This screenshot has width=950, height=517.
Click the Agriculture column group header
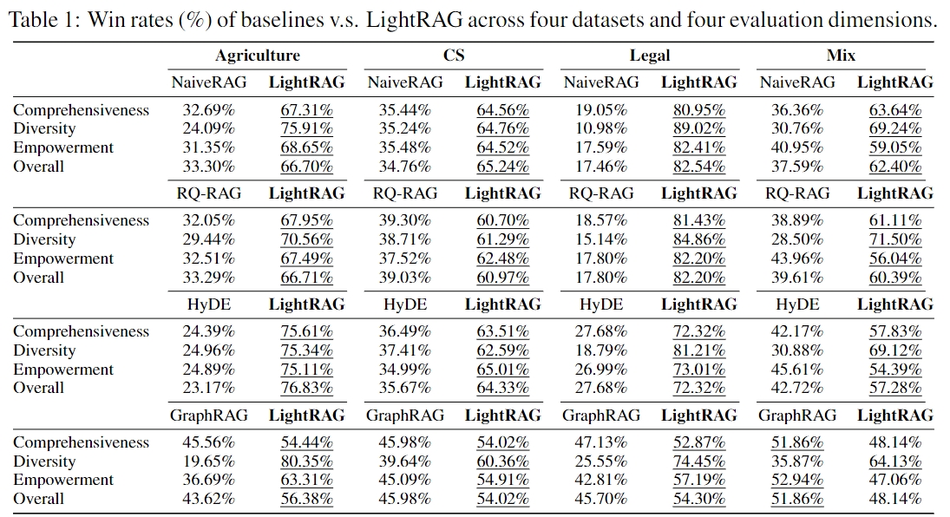pos(258,56)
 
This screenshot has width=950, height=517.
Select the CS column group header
pos(454,56)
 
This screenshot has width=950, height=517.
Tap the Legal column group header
pos(650,56)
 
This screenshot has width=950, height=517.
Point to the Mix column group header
pos(841,56)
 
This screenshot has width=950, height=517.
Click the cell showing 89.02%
pos(699,129)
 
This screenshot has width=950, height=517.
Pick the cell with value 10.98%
pos(601,129)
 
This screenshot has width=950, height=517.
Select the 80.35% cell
pos(306,461)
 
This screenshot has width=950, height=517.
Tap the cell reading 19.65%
pos(208,461)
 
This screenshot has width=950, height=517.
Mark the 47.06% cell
pos(895,481)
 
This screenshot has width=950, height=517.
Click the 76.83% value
pos(306,389)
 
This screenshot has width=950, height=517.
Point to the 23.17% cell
pos(208,389)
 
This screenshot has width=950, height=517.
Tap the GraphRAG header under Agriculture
pos(208,416)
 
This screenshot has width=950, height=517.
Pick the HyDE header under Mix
pos(797,304)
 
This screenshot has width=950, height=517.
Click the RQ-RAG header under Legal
pos(601,193)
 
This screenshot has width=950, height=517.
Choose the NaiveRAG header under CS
pos(405,82)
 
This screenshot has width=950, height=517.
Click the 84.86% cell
pos(699,239)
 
